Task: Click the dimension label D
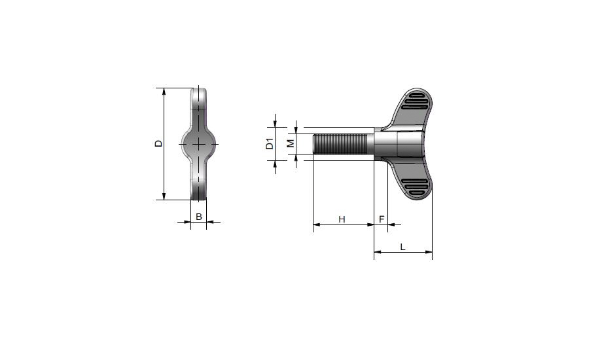[x=159, y=143]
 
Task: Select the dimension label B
[x=199, y=217]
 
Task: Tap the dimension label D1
[x=270, y=143]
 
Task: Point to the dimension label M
[x=291, y=143]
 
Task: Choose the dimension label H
[x=342, y=219]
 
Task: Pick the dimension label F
[x=382, y=219]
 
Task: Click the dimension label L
[x=402, y=247]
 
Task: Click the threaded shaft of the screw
[x=340, y=144]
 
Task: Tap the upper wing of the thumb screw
[x=410, y=108]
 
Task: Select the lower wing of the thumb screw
[x=410, y=179]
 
